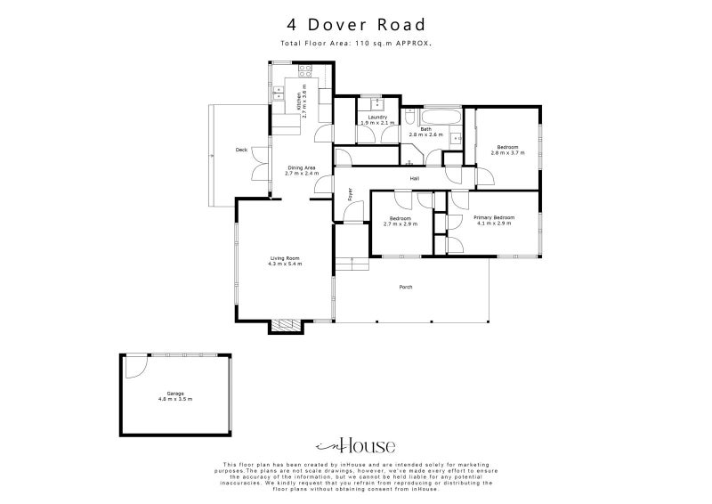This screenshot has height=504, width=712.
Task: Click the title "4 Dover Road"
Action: pyautogui.click(x=356, y=25)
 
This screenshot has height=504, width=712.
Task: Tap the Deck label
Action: pyautogui.click(x=241, y=150)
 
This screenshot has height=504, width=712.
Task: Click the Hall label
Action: pyautogui.click(x=415, y=179)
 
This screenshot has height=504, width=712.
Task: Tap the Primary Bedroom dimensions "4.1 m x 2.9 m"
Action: pyautogui.click(x=493, y=224)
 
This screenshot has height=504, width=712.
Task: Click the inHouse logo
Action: pyautogui.click(x=356, y=446)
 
